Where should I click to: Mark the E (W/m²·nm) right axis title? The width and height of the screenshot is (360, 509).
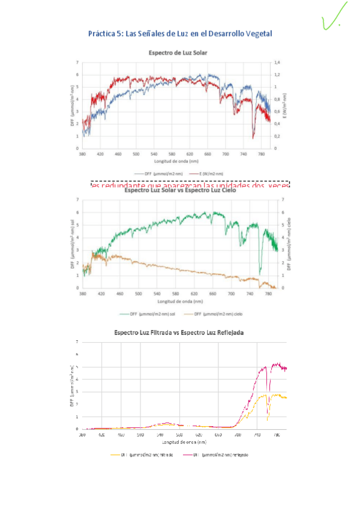pos(286,106)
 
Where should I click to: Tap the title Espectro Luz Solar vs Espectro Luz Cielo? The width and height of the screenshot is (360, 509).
pos(178,191)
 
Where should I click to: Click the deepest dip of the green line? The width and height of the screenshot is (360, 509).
pos(260,273)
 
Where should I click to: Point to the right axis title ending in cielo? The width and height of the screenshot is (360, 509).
pos(289,243)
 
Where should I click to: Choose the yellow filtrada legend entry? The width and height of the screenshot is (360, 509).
pos(142,455)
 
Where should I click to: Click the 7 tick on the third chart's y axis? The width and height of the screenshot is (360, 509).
pos(77,342)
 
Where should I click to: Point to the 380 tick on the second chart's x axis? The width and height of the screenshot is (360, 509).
pos(82,294)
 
